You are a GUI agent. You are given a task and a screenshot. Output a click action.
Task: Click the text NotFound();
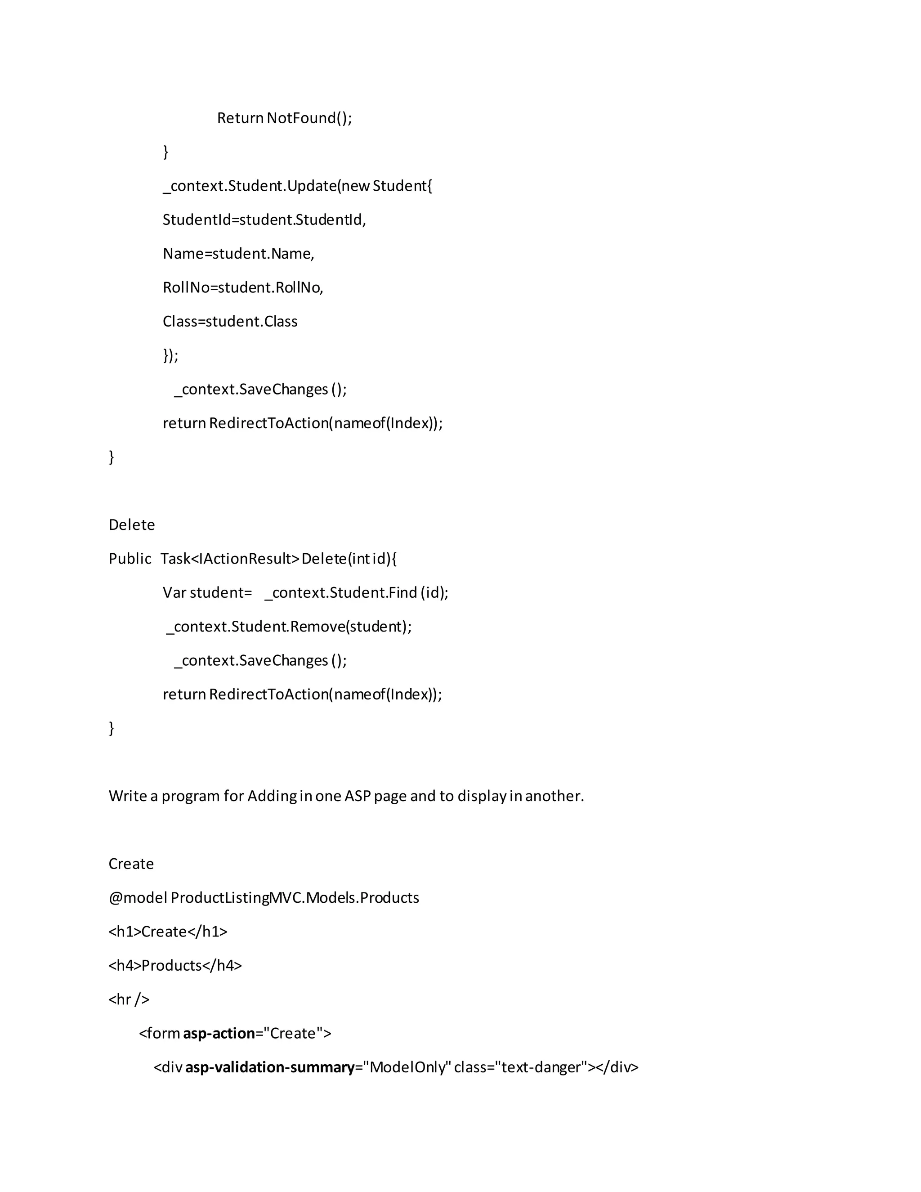[309, 118]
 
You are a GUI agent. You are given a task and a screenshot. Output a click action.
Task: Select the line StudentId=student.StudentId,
[264, 220]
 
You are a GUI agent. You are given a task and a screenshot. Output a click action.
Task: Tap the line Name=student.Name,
[238, 254]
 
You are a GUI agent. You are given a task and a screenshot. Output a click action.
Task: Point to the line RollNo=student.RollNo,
[243, 287]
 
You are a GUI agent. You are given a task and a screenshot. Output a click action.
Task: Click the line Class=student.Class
[230, 322]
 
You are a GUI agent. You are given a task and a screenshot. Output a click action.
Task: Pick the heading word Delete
[131, 525]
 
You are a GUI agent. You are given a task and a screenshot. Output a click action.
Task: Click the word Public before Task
[130, 559]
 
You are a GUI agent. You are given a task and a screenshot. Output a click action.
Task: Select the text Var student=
[207, 593]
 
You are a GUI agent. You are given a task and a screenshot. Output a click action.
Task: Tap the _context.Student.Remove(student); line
[289, 627]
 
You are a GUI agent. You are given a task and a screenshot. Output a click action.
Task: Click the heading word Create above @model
[131, 864]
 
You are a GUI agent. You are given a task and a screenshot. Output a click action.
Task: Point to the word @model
[138, 898]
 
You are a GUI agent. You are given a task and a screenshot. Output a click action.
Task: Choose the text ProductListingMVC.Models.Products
[295, 898]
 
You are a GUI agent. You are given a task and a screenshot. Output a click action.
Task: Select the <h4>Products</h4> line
[175, 965]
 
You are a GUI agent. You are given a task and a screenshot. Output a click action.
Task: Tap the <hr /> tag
[129, 999]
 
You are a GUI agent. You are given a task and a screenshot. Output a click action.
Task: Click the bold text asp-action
[219, 1033]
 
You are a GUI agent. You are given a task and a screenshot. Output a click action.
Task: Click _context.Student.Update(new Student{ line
[297, 186]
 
